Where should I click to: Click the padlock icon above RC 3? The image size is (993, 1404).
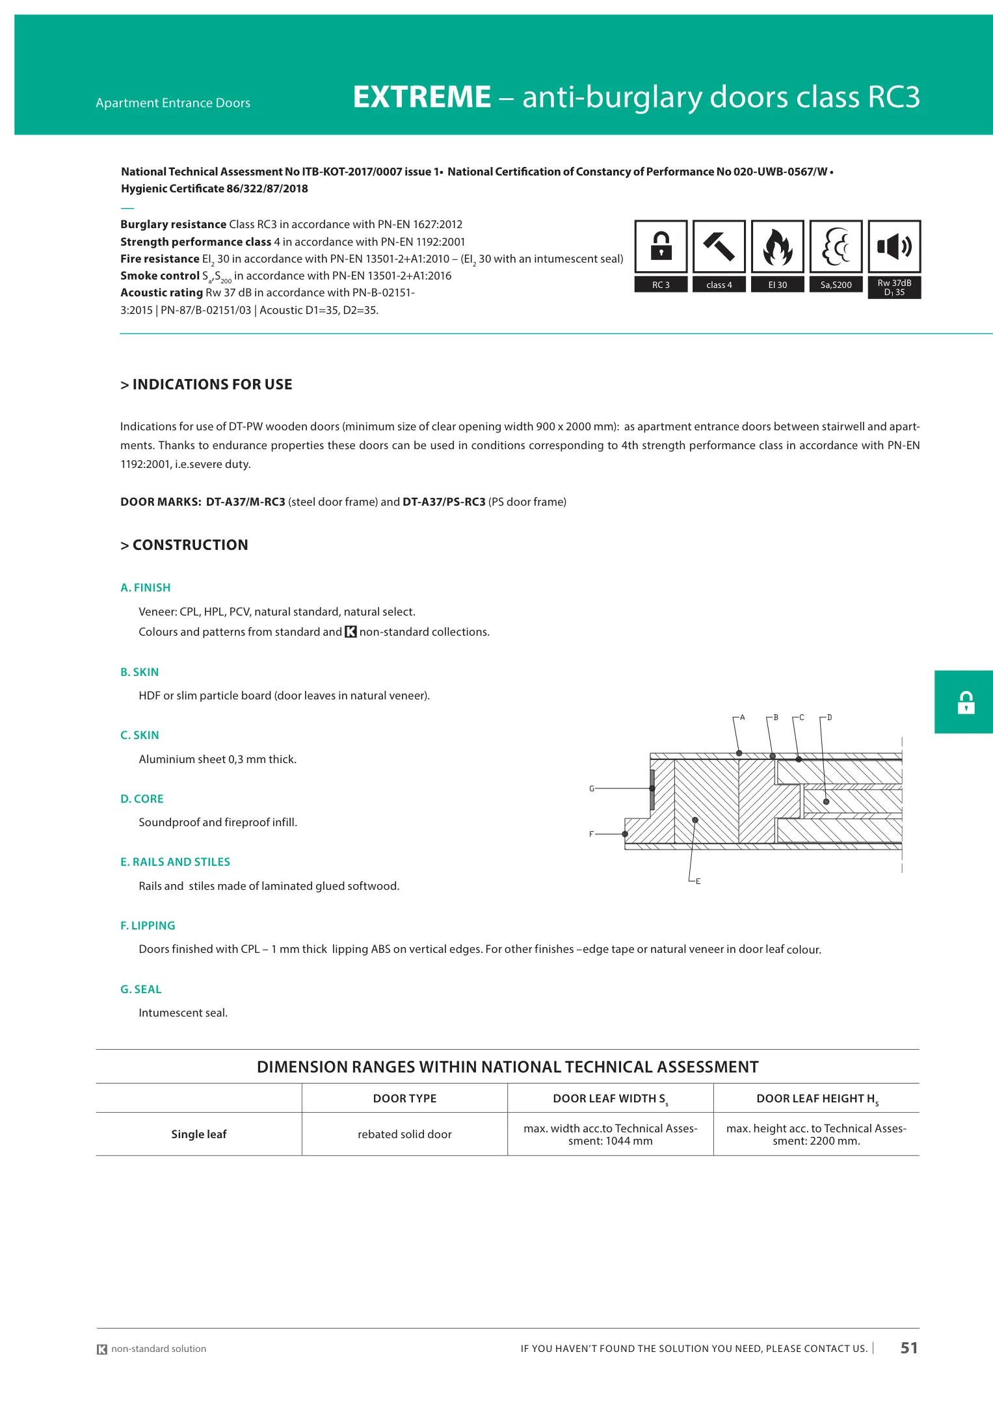[x=661, y=246]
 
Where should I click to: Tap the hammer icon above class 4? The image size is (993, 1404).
[x=719, y=246]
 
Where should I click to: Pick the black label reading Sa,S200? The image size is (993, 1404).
[x=836, y=285]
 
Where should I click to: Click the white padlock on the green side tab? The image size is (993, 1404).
[x=966, y=703]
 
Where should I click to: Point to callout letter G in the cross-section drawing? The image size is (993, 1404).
[x=592, y=788]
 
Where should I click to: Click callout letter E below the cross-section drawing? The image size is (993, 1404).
[x=698, y=881]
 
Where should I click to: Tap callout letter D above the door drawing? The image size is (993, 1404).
[x=830, y=718]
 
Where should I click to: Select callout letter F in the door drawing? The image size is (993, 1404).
[x=591, y=834]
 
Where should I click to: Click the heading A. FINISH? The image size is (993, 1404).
[x=146, y=588]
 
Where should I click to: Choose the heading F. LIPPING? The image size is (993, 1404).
[x=148, y=926]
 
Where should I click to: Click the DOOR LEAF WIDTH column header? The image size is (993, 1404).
[x=610, y=1098]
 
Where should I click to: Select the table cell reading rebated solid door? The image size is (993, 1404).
[x=404, y=1134]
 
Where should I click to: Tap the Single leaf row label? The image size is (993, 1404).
[x=199, y=1134]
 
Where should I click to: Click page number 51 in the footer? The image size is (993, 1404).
[x=908, y=1348]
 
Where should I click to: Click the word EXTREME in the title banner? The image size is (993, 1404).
[x=421, y=97]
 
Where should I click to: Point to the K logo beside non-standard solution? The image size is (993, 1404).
[x=102, y=1349]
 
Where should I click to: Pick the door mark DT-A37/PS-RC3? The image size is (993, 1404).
[x=444, y=502]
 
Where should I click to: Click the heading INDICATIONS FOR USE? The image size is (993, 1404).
[x=212, y=385]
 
